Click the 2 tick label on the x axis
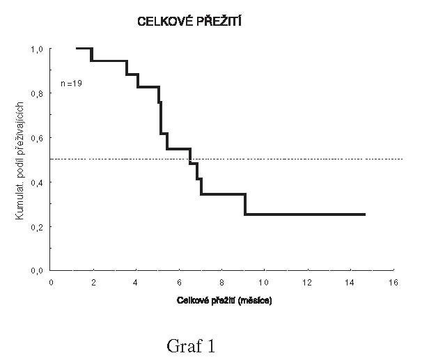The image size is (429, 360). click(x=93, y=283)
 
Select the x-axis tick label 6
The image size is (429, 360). click(x=179, y=283)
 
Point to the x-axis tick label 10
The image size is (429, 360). click(x=264, y=283)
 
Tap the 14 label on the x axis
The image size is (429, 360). click(x=350, y=283)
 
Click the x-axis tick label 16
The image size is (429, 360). click(x=393, y=283)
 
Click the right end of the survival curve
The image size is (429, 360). click(x=364, y=214)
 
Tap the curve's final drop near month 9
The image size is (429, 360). click(x=245, y=204)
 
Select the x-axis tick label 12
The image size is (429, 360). click(x=307, y=283)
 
